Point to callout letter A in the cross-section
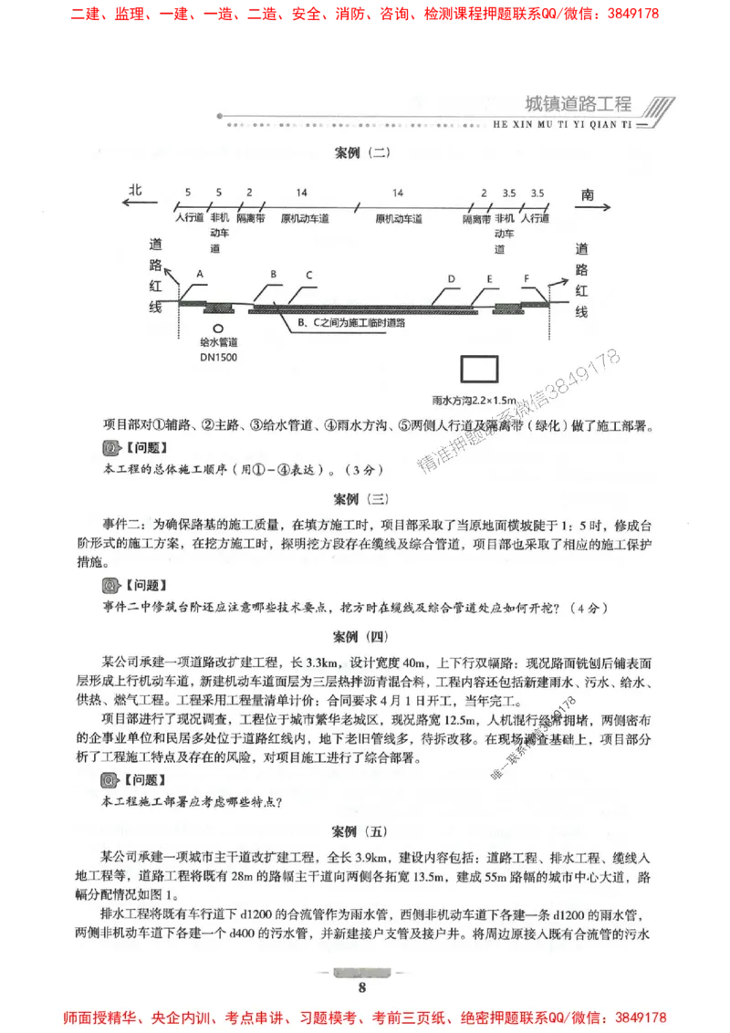pos(199,274)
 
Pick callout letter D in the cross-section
pos(451,278)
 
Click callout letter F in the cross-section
pos(527,277)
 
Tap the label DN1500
pos(218,358)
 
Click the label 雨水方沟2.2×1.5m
pos(474,400)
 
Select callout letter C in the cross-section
pos(309,275)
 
